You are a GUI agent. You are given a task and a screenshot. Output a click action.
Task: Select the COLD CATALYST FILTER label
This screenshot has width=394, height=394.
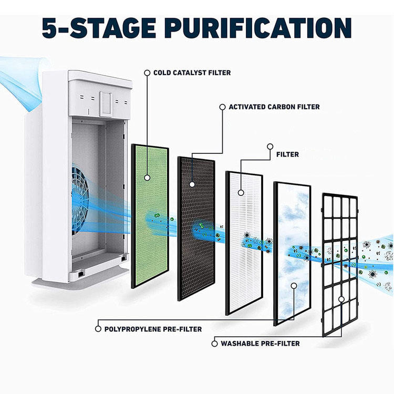click(x=192, y=72)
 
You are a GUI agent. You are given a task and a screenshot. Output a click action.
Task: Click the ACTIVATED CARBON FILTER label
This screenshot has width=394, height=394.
click(x=274, y=107)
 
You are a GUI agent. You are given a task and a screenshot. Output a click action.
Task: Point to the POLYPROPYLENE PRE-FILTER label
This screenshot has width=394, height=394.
click(x=153, y=329)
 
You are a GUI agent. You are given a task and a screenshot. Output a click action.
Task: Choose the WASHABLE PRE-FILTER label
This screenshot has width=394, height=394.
click(x=260, y=344)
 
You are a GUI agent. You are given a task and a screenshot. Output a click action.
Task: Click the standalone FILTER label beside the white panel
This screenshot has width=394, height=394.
click(x=287, y=154)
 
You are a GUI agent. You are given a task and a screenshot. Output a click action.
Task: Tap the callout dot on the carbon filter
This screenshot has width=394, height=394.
click(x=192, y=185)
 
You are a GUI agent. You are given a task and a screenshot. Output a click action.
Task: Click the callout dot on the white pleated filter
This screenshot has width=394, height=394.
click(x=241, y=192)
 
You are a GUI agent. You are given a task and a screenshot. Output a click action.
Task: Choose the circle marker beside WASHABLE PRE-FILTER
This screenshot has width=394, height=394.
click(x=214, y=344)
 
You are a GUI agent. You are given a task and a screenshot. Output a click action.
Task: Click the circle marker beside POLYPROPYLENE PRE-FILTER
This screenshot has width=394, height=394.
click(x=98, y=329)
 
